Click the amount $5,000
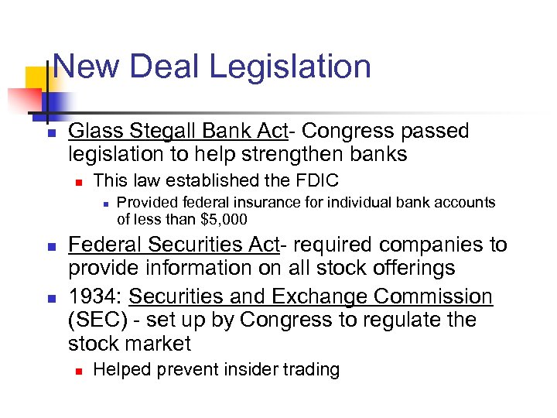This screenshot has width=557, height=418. point(224,220)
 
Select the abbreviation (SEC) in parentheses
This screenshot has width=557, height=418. point(91,320)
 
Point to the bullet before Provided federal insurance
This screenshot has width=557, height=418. point(103,204)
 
